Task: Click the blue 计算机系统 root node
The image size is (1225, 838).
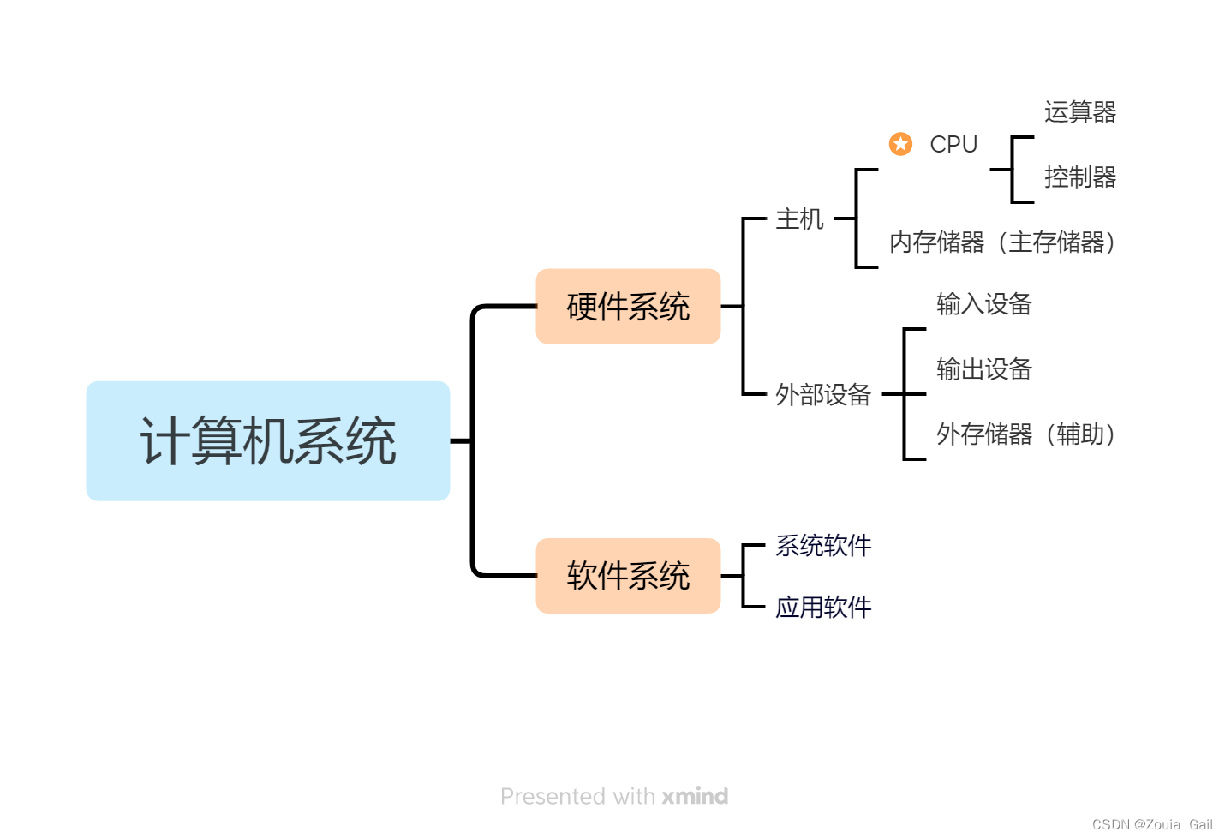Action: (268, 440)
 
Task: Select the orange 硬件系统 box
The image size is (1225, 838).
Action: (628, 306)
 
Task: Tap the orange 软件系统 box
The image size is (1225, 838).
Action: (628, 575)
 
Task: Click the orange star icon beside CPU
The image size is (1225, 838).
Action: (900, 144)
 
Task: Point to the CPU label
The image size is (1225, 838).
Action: (953, 144)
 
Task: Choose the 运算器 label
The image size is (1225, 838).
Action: (1079, 111)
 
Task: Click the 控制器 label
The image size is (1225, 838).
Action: (1079, 177)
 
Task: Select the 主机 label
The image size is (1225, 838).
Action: (799, 219)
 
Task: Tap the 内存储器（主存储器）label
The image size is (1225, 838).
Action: (1002, 242)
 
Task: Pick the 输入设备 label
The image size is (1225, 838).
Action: (983, 303)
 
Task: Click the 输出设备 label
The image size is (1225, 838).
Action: (983, 369)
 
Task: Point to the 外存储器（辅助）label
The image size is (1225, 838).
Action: (1025, 434)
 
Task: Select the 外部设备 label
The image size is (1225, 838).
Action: (822, 394)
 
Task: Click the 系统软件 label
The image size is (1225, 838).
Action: (822, 545)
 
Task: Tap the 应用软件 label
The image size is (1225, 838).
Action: (822, 607)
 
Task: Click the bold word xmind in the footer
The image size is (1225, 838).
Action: (695, 796)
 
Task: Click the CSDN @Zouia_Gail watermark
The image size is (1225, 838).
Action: (1151, 824)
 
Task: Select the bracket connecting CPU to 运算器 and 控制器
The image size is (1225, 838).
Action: (1013, 170)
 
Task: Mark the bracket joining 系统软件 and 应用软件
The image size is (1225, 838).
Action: (744, 576)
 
